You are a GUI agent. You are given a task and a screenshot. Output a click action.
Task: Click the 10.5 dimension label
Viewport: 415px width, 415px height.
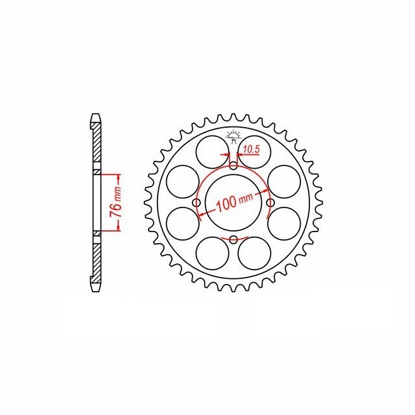(250, 150)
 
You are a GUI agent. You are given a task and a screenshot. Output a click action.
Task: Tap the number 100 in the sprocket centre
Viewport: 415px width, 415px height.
(226, 203)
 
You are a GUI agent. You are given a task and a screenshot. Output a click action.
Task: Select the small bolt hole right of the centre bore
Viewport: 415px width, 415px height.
(270, 204)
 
